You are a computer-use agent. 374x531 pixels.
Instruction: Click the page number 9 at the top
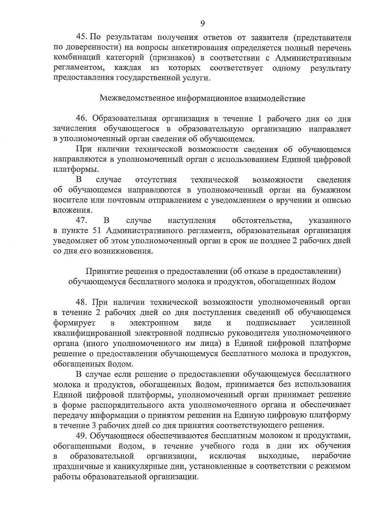(203, 24)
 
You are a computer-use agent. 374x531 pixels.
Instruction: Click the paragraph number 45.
(83, 38)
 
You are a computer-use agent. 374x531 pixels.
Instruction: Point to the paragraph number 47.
(82, 221)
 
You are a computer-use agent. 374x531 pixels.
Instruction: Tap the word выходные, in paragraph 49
(279, 456)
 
